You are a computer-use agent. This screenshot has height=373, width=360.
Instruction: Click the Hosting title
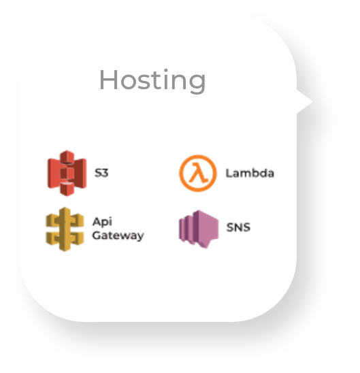152,80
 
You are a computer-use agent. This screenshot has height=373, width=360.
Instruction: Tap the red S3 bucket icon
67,173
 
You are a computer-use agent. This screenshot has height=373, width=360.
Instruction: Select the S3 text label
101,173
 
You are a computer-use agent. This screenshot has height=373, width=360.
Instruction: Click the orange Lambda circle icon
198,173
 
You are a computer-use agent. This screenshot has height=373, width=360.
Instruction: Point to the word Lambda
250,173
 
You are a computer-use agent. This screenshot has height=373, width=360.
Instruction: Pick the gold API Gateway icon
65,229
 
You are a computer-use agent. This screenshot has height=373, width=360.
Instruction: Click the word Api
102,222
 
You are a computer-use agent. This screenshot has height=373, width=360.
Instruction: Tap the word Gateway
118,236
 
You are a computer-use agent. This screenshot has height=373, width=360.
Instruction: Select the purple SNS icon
199,229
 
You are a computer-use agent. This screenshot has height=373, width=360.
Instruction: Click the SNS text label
238,227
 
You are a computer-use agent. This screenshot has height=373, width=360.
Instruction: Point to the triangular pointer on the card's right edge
305,101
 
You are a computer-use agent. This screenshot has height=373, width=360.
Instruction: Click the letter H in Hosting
109,80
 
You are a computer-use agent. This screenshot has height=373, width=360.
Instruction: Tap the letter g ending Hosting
198,84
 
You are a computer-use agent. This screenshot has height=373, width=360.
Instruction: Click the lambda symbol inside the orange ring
198,173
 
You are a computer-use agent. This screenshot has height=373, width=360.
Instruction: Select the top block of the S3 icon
67,157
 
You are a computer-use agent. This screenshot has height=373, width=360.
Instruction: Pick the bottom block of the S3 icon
67,189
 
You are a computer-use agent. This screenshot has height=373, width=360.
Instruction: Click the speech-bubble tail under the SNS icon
205,244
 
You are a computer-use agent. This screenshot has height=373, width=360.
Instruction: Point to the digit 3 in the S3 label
105,173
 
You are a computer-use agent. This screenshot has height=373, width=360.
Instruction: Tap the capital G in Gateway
97,236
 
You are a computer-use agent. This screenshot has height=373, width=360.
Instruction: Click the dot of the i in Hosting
166,70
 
